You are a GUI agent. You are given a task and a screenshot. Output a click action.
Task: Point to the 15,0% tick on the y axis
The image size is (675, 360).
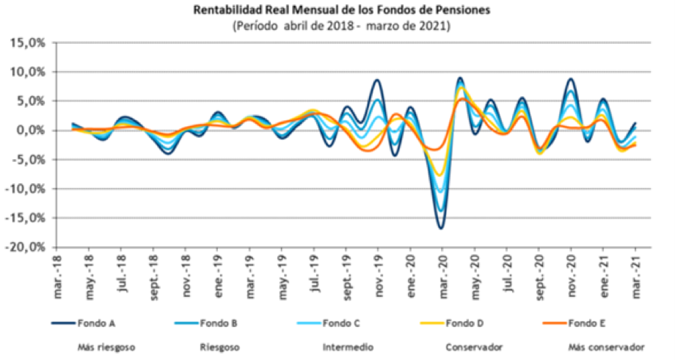27,43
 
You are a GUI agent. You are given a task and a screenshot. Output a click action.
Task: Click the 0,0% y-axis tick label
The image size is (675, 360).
30,131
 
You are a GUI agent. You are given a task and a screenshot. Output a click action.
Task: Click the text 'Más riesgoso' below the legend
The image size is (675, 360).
101,346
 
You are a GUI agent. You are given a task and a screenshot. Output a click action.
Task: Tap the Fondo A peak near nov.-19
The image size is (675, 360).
377,80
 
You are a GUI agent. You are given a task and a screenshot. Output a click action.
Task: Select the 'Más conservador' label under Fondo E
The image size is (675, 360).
606,346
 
